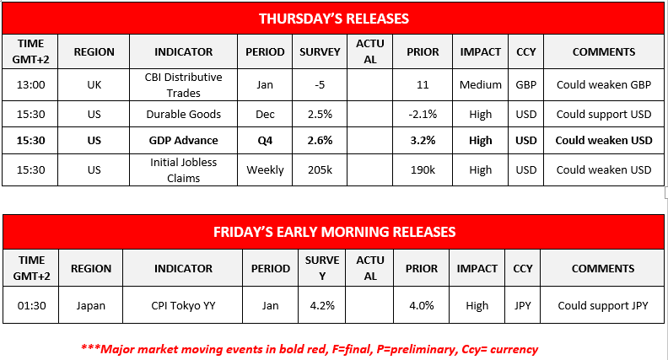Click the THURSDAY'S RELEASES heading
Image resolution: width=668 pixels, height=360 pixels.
(x=333, y=18)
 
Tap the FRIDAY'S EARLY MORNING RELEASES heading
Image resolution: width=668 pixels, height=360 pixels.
(x=333, y=231)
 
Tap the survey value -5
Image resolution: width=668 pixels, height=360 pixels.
(x=320, y=85)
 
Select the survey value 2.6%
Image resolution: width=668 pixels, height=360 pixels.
(x=320, y=140)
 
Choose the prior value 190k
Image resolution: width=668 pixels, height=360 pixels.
(x=423, y=169)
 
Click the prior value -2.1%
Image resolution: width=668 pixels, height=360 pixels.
(x=423, y=114)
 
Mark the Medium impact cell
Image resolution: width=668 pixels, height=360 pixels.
(x=480, y=85)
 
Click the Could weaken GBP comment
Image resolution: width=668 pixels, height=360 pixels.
(x=604, y=85)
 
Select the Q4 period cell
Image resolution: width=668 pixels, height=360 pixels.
(x=265, y=140)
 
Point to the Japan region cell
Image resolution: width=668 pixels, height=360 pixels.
(x=90, y=305)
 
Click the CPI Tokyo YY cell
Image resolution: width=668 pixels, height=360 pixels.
(x=183, y=305)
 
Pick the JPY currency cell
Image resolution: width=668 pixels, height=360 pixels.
(x=523, y=305)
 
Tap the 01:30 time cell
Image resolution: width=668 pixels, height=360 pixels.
(x=31, y=305)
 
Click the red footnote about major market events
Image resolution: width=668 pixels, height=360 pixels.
(x=310, y=348)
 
